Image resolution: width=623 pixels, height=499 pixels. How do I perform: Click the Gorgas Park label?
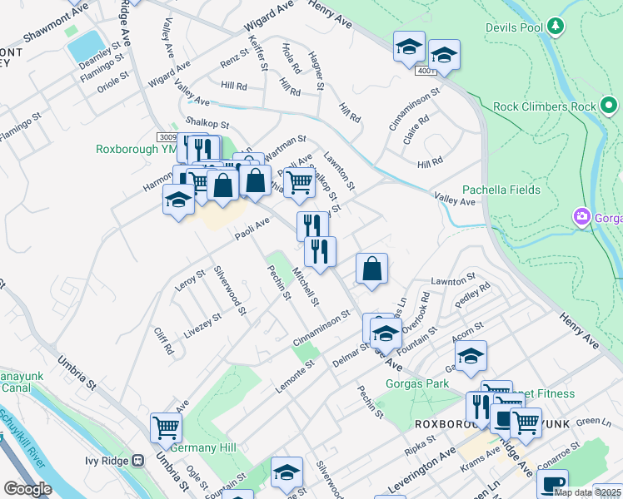click(416, 383)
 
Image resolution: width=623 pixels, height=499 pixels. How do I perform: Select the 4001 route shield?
click(426, 72)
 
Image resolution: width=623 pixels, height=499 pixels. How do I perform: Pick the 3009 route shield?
click(166, 136)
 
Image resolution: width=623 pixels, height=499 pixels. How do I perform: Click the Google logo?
click(27, 489)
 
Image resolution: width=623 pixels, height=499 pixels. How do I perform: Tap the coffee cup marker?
click(551, 484)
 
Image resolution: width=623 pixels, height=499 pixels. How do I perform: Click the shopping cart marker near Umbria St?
click(166, 427)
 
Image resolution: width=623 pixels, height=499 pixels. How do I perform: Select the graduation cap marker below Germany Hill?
click(286, 472)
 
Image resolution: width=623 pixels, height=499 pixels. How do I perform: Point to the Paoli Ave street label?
click(252, 227)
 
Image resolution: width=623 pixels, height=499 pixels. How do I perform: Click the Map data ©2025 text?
click(586, 492)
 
